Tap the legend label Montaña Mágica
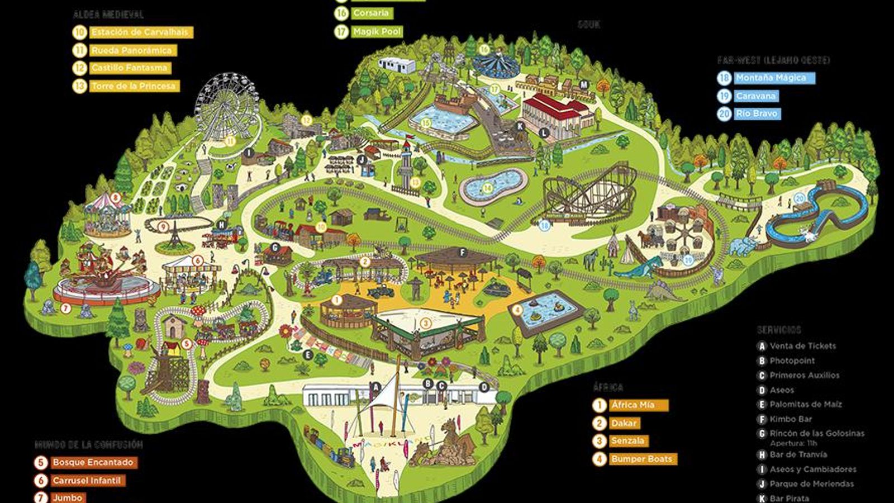[771, 78]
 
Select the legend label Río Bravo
[757, 113]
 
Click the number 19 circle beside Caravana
[724, 96]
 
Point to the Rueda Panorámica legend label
[131, 50]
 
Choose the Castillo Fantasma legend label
[129, 68]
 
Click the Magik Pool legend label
[377, 32]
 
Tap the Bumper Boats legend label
[642, 459]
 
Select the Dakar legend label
[624, 423]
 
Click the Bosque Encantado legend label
[93, 462]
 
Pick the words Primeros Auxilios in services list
[804, 375]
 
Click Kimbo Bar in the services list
[791, 419]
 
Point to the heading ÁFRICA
[608, 387]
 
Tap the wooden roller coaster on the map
[592, 196]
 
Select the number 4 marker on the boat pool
[517, 310]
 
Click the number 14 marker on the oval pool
[487, 188]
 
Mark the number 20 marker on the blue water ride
[799, 198]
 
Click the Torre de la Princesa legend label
[134, 86]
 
